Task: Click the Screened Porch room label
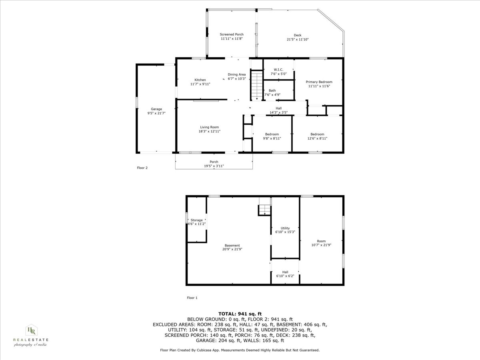(x=232, y=35)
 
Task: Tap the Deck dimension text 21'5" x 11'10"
(x=298, y=40)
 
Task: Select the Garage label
(x=156, y=109)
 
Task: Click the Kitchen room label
(x=200, y=80)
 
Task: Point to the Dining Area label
(x=237, y=74)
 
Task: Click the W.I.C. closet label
(x=278, y=70)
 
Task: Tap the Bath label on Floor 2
(x=272, y=90)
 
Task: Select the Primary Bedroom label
(x=319, y=82)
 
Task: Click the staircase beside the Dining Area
(x=256, y=85)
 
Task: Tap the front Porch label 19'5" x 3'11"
(x=214, y=162)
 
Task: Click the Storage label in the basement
(x=196, y=220)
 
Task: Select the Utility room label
(x=285, y=228)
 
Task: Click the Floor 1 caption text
(x=192, y=298)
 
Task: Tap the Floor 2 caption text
(x=142, y=168)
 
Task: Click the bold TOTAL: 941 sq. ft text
(x=240, y=314)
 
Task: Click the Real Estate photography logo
(x=31, y=335)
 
